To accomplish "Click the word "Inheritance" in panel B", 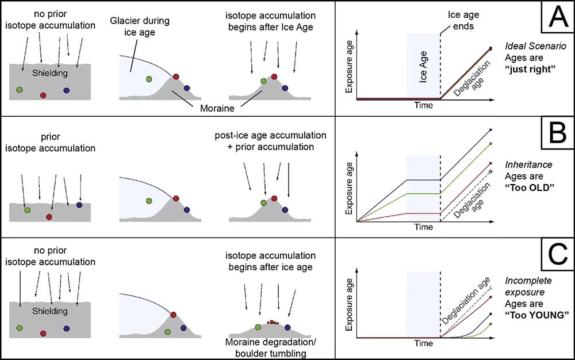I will tap(527, 165).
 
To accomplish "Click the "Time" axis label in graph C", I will tap(424, 344).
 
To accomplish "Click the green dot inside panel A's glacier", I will tap(149, 79).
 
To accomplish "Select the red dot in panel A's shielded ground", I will tap(43, 94).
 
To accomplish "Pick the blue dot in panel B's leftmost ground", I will tap(79, 205).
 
